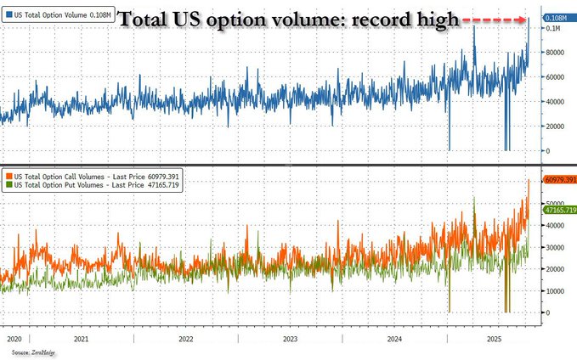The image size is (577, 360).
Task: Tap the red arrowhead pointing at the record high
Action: (x=524, y=18)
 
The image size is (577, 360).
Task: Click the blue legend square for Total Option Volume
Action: (x=8, y=15)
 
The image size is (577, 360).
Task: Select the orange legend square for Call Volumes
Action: (x=8, y=174)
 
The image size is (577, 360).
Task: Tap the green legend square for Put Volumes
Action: (x=8, y=183)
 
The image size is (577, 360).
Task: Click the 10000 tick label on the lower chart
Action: (x=555, y=291)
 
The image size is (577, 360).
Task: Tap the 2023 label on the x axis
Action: (x=290, y=338)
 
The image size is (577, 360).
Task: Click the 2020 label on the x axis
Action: (x=14, y=338)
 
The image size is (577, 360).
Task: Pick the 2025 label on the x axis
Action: (x=490, y=338)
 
